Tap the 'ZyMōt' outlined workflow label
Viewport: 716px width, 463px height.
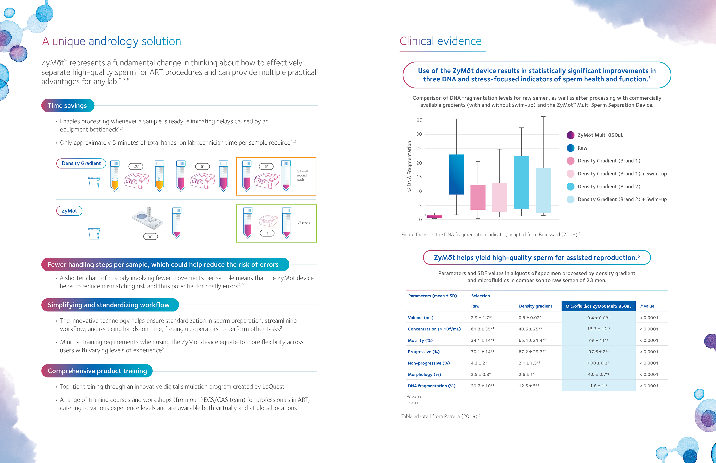pos(69,211)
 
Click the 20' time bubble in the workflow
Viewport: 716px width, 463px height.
pos(136,166)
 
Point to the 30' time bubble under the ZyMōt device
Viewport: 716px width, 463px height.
pos(150,237)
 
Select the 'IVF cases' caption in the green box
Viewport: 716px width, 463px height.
pos(303,223)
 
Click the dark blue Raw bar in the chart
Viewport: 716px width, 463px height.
pos(456,174)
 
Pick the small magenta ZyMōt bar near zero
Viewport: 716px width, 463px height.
pos(434,217)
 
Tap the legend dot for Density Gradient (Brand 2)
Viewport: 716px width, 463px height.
pos(570,186)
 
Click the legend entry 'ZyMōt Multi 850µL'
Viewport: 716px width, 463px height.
pos(600,135)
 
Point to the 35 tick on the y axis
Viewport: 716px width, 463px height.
pos(419,120)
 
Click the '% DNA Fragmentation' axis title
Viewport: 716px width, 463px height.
pos(409,166)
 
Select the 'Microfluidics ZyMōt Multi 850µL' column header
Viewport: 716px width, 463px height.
pos(598,306)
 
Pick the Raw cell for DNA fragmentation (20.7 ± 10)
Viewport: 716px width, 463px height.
pos(482,386)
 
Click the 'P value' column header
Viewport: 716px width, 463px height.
pos(647,306)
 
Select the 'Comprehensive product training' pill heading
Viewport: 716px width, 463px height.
pos(97,371)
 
